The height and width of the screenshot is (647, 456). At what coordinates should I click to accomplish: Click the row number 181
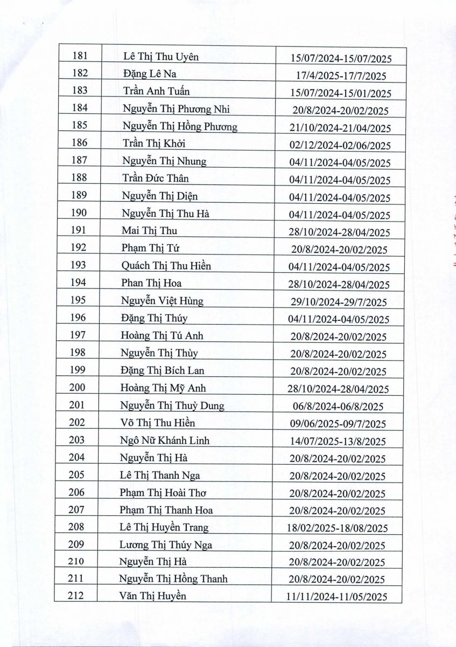(80, 56)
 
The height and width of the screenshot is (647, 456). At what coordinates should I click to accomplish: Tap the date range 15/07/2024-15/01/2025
(340, 93)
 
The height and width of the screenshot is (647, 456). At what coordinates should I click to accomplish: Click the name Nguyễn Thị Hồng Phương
(180, 127)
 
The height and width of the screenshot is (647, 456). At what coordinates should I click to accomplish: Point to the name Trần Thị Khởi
(154, 144)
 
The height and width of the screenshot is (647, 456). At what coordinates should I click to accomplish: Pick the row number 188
(79, 178)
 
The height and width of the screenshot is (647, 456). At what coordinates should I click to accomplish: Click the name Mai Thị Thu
(149, 231)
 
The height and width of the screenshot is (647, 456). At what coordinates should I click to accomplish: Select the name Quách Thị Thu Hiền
(166, 266)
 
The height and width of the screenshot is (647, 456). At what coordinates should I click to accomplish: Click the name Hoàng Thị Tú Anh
(162, 336)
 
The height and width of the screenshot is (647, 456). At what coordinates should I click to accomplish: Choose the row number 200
(78, 388)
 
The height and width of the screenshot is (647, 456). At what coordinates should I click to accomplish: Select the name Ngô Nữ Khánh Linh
(165, 440)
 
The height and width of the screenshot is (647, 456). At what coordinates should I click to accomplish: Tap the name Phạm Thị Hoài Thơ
(163, 493)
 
